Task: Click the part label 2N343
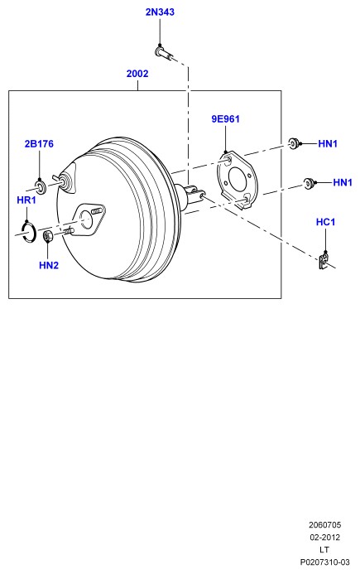tap(160, 12)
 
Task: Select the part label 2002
tap(137, 74)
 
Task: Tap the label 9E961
tap(225, 119)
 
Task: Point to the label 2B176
tap(39, 144)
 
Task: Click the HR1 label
tap(26, 200)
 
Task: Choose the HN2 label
tap(49, 265)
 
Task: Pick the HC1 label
tap(325, 222)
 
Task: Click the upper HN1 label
tap(328, 144)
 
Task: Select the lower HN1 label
tap(343, 182)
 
